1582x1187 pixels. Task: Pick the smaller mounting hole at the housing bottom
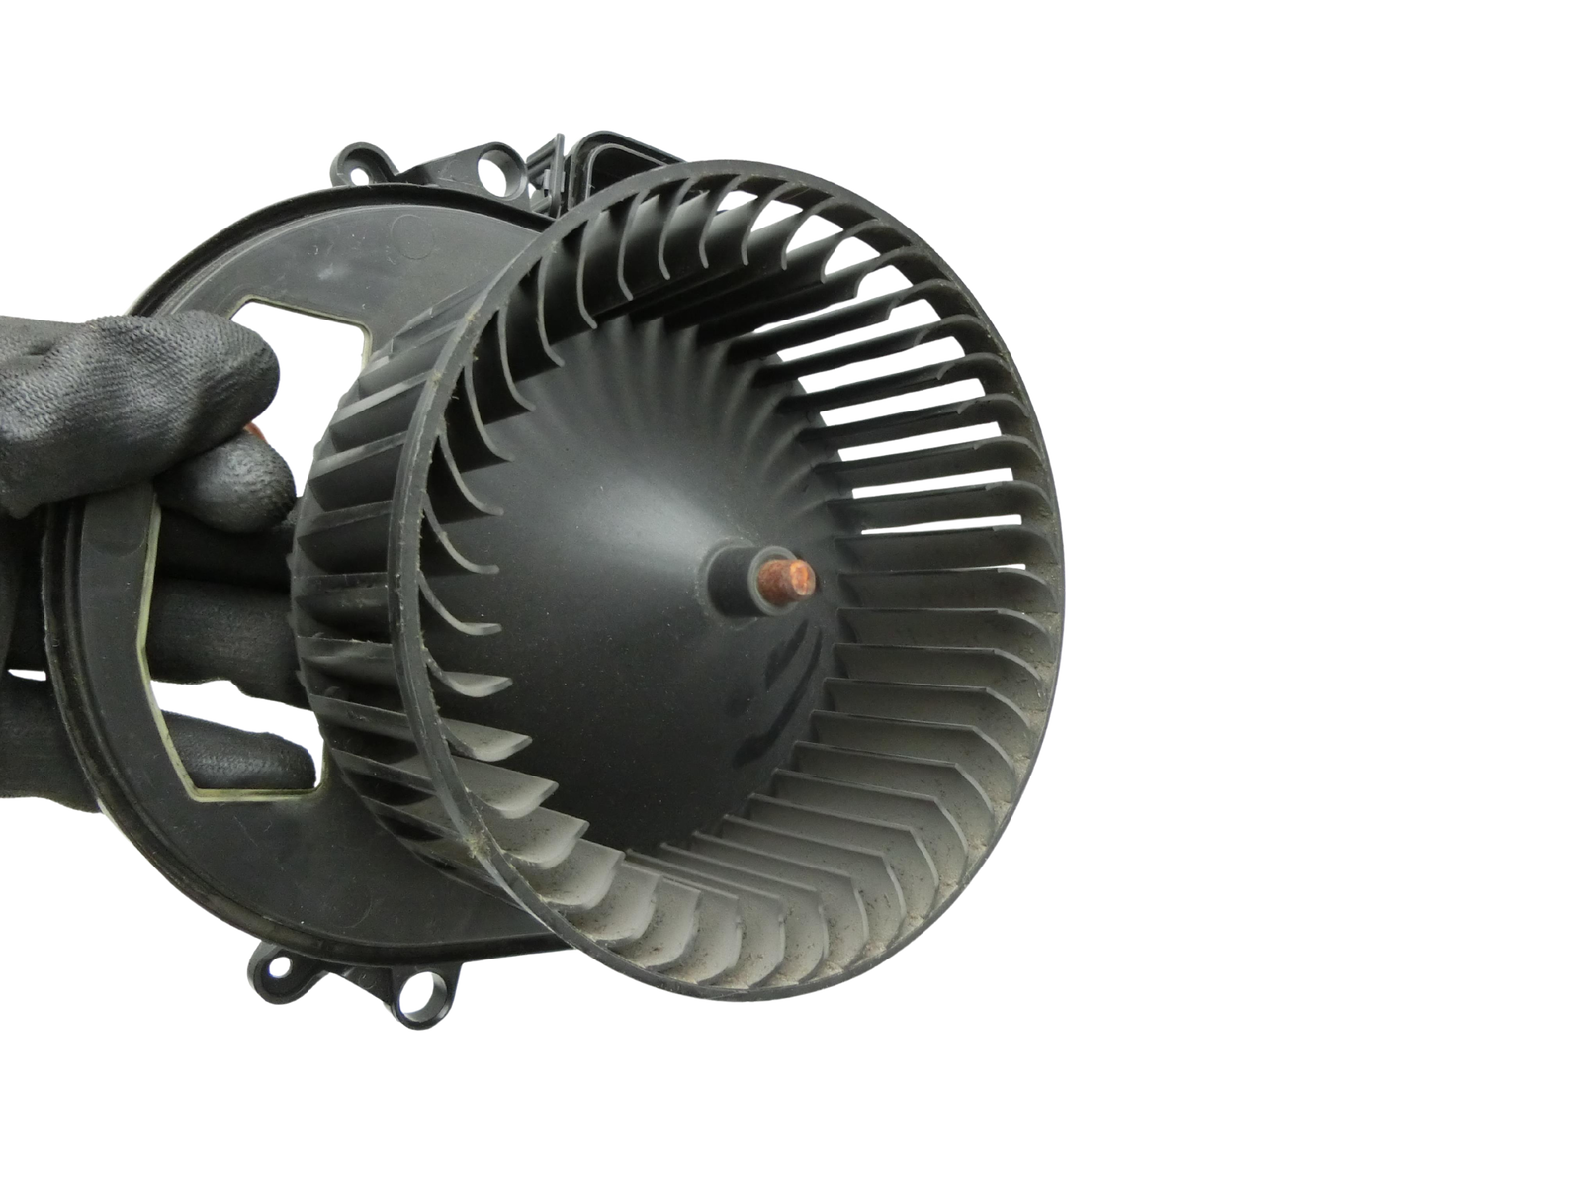click(x=277, y=965)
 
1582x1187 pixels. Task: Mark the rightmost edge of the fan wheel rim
click(x=1066, y=564)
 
